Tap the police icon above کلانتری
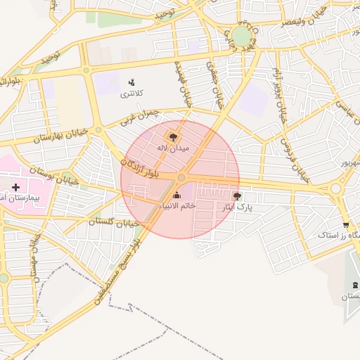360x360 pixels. coord(131,82)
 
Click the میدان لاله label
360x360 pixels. coord(172,148)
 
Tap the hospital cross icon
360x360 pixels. coord(15,188)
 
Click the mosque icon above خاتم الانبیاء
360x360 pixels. coord(176,195)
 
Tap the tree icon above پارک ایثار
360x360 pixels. coord(237,196)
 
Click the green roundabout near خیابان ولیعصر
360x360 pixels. coord(243,36)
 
